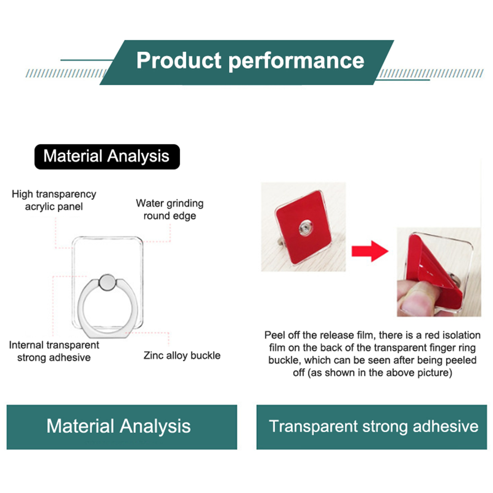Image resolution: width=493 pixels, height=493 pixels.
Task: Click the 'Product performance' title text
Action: pyautogui.click(x=250, y=60)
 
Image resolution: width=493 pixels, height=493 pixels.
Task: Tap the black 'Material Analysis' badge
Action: pyautogui.click(x=107, y=157)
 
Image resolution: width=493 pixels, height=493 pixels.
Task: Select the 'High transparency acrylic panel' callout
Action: pyautogui.click(x=54, y=200)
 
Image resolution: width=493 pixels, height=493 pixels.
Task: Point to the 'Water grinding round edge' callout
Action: pyautogui.click(x=170, y=210)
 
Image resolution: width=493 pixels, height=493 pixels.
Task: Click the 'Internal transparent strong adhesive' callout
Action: pyautogui.click(x=54, y=351)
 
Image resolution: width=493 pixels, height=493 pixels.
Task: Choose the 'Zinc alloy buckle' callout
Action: pyautogui.click(x=182, y=356)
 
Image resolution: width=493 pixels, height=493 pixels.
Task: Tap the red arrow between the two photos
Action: pyautogui.click(x=370, y=251)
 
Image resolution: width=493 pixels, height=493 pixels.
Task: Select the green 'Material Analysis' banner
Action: pyautogui.click(x=122, y=427)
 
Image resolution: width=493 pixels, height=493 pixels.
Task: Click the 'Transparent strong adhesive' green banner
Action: pyautogui.click(x=372, y=427)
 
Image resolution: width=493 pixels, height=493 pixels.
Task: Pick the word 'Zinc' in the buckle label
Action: pyautogui.click(x=153, y=355)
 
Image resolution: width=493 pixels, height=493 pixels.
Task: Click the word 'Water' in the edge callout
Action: pyautogui.click(x=150, y=203)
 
